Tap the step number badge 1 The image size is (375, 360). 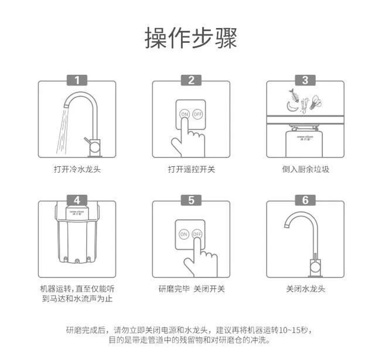point(77,80)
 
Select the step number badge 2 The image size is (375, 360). point(191,80)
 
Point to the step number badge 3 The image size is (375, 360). point(305,80)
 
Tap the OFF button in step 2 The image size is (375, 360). point(198,114)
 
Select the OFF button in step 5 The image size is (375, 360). point(197,234)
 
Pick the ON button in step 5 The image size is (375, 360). point(184,234)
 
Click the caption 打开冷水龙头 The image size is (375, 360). point(77,169)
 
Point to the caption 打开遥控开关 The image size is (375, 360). point(191,169)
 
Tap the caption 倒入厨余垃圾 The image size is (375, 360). point(305,169)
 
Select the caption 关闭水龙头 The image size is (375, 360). point(305,289)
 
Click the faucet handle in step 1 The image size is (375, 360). point(90,140)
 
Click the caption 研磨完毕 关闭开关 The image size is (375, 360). point(191,289)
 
